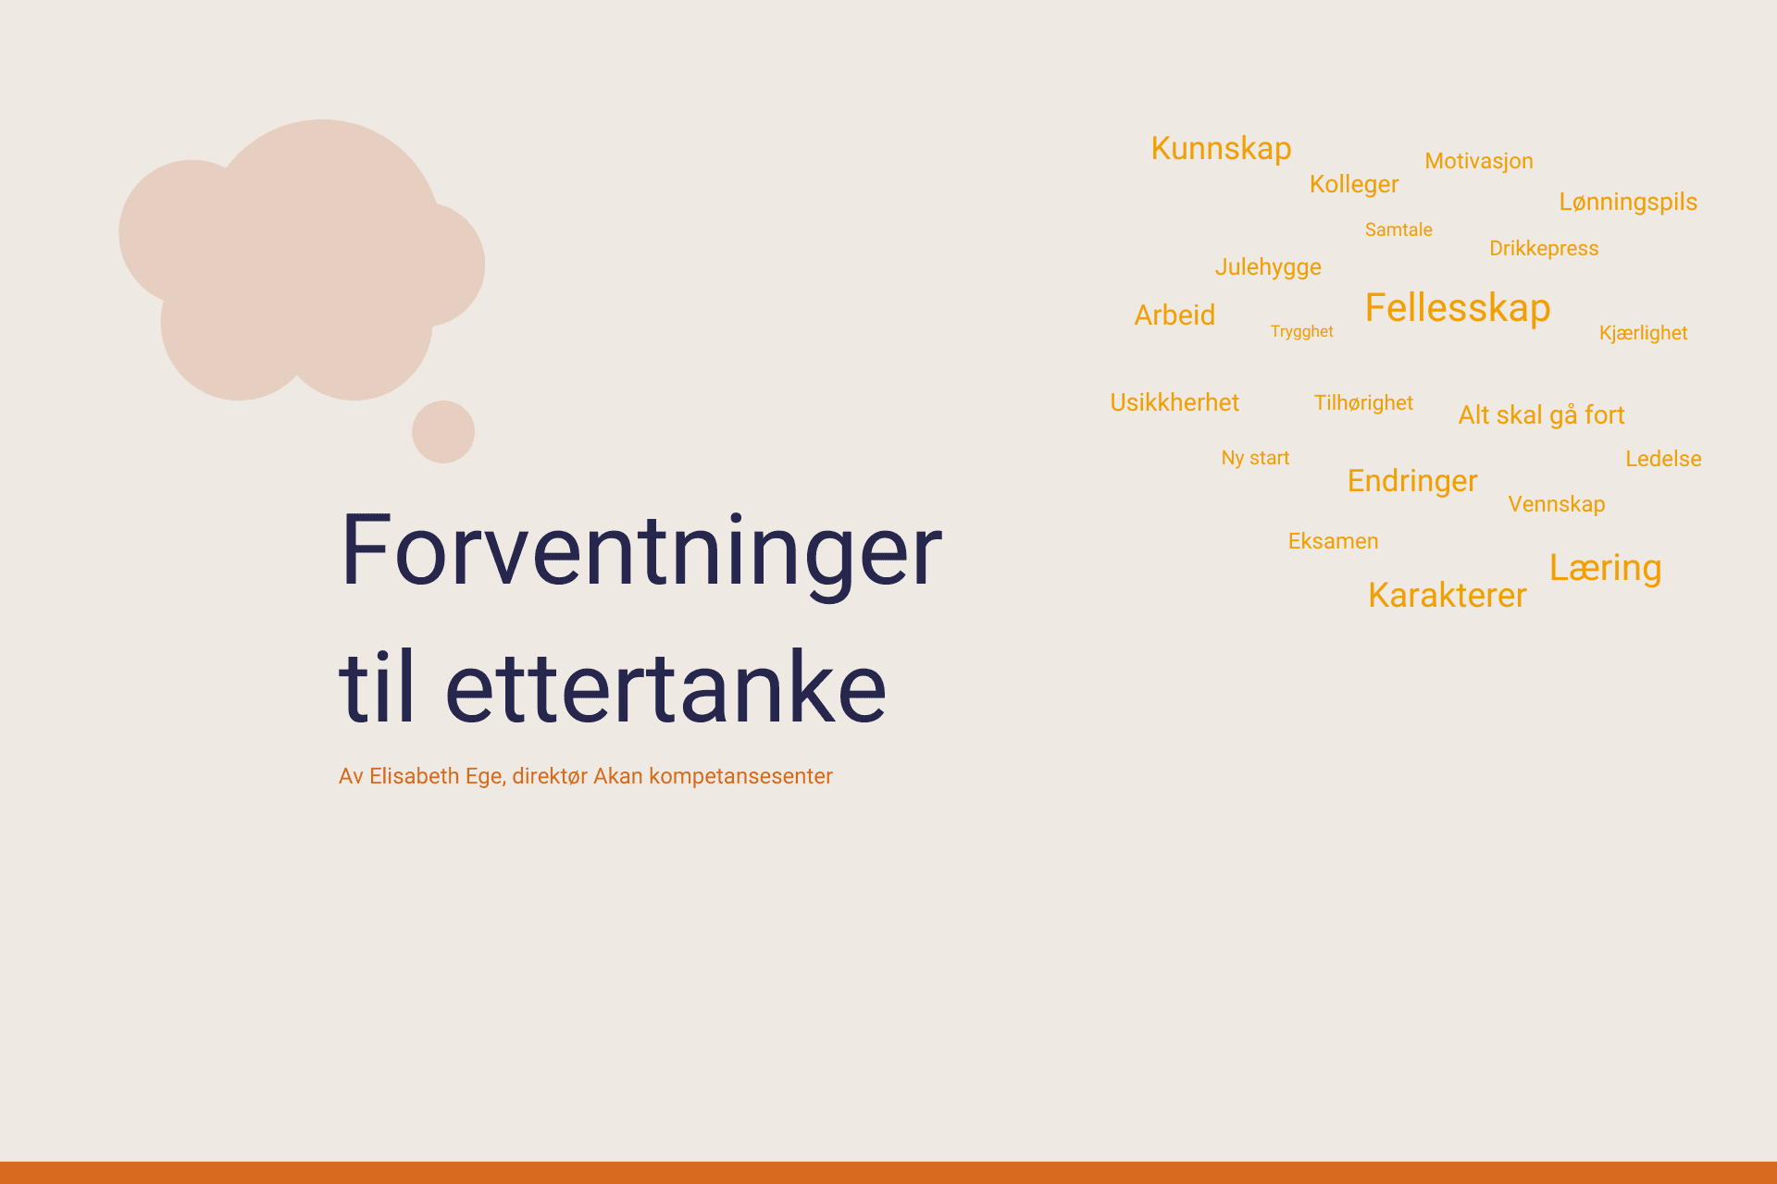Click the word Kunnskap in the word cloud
coord(1221,149)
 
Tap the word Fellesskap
coord(1458,308)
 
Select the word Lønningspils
coord(1628,203)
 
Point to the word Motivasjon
coord(1479,162)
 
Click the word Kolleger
coord(1354,185)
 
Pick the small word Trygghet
coord(1301,332)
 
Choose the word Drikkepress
coord(1544,249)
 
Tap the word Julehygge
coord(1268,267)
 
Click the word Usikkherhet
coord(1174,402)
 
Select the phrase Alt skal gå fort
coord(1541,415)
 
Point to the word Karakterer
coord(1448,595)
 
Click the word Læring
coord(1606,569)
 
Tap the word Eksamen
coord(1333,541)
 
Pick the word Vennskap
coord(1557,504)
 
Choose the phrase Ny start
coord(1255,458)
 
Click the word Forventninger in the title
coord(640,552)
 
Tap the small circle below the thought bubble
coord(443,432)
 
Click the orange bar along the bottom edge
coord(888,1173)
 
